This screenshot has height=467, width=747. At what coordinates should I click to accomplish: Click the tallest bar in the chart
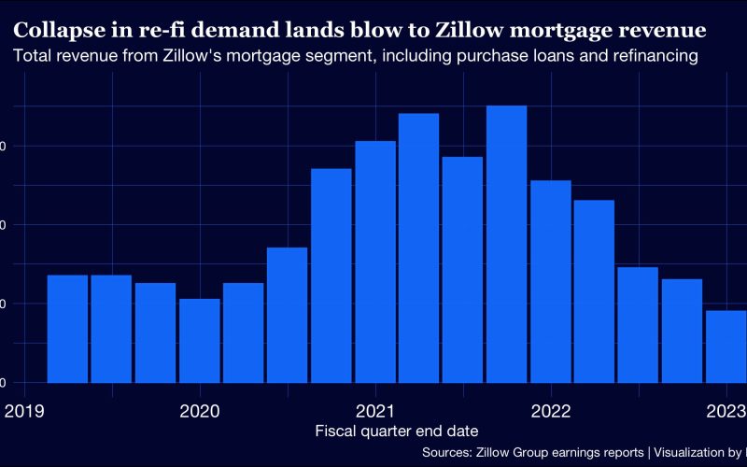506,244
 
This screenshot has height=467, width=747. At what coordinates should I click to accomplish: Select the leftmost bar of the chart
67,329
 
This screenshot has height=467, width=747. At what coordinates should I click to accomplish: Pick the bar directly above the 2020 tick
199,341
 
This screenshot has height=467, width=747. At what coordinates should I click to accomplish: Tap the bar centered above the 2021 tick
375,262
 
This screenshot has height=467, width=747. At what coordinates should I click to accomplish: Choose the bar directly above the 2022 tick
550,281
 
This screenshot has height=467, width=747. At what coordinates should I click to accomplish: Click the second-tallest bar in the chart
418,248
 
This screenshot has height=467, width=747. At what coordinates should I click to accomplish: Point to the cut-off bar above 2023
726,347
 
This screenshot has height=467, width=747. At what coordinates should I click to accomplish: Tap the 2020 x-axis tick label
199,411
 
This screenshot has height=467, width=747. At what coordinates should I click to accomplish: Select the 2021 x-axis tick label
374,411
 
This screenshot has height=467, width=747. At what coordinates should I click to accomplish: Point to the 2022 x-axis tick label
550,411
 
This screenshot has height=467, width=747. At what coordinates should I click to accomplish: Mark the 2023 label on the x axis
726,411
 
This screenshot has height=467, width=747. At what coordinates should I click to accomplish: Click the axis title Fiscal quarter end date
397,432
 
